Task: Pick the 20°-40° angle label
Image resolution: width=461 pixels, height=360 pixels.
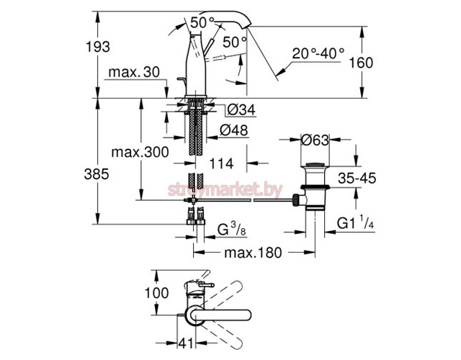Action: pyautogui.click(x=318, y=53)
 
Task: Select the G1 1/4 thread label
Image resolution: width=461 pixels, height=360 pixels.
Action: pyautogui.click(x=357, y=225)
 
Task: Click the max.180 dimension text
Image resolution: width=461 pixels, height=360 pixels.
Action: pyautogui.click(x=252, y=252)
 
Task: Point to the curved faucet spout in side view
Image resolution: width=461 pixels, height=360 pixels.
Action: pyautogui.click(x=230, y=29)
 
